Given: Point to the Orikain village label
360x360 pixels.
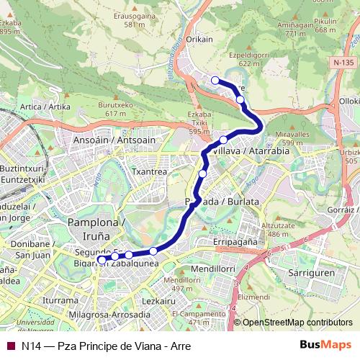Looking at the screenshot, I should (199, 40).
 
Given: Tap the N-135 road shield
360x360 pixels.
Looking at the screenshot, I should (344, 63).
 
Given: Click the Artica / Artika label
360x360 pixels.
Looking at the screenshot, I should (46, 107).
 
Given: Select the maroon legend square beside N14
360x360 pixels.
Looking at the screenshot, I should (9, 346).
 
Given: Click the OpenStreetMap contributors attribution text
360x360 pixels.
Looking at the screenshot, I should (297, 323).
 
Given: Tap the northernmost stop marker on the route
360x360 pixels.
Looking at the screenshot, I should (215, 80).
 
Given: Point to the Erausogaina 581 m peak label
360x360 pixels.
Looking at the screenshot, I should (133, 19).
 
